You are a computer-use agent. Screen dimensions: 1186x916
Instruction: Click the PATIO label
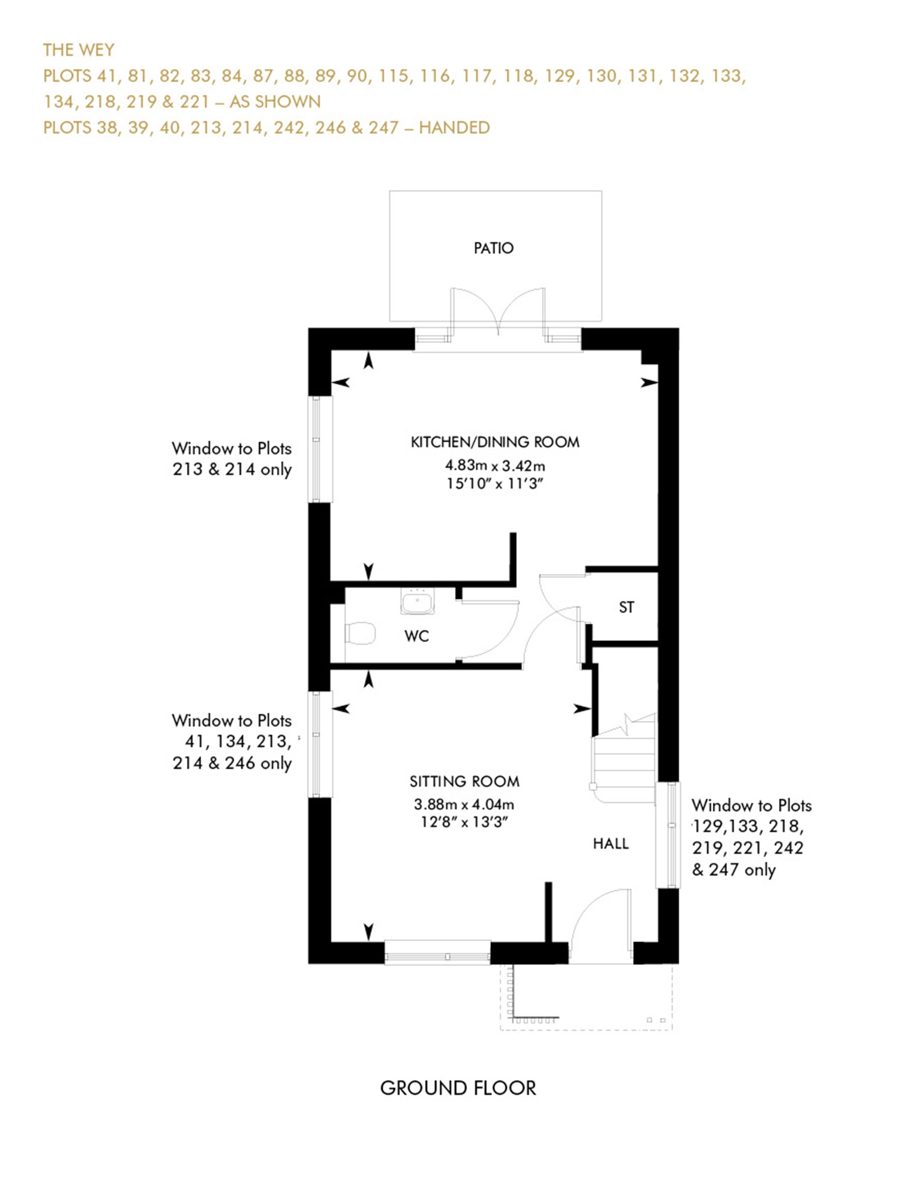[493, 248]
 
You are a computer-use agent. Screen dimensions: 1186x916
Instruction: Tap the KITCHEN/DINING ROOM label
[495, 442]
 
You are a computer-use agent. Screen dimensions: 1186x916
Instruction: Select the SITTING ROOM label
[464, 781]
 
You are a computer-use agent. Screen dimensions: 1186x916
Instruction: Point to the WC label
[416, 636]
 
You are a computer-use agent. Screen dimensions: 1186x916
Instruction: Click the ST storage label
[626, 607]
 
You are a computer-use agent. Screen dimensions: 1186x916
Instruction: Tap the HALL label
[610, 843]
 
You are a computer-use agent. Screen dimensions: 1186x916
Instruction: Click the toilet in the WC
[361, 633]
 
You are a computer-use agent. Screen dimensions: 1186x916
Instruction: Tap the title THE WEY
[79, 50]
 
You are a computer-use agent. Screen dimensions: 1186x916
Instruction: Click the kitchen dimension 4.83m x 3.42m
[495, 466]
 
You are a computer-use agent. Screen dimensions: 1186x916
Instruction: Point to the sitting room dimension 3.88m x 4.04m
[464, 804]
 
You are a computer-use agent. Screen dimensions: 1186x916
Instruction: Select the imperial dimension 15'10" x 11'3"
[495, 483]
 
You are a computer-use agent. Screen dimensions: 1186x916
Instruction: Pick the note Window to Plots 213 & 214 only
[232, 459]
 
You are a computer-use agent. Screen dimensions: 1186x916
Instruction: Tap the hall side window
[668, 835]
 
